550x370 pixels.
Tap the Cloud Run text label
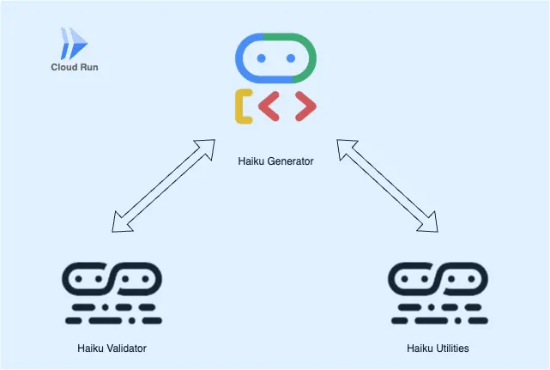pyautogui.click(x=74, y=66)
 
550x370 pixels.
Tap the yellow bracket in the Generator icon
pyautogui.click(x=243, y=106)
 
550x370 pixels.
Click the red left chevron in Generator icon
pyautogui.click(x=269, y=106)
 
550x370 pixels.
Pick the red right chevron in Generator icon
pyautogui.click(x=305, y=106)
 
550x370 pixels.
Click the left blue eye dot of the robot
pyautogui.click(x=259, y=58)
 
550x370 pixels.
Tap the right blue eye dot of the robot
pyautogui.click(x=291, y=58)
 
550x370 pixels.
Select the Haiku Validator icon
pyautogui.click(x=112, y=293)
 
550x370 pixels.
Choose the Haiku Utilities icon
pyautogui.click(x=438, y=293)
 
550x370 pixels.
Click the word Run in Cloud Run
pyautogui.click(x=88, y=66)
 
